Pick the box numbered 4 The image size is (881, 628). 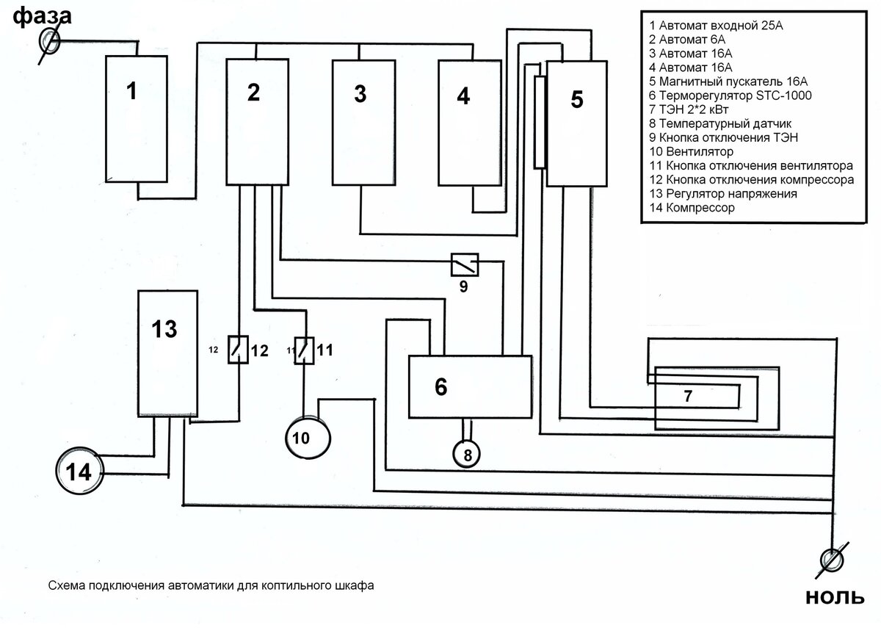465,121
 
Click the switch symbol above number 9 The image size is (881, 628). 464,262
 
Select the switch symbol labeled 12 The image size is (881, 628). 236,350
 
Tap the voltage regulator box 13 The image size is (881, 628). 167,353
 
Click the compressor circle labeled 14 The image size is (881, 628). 80,472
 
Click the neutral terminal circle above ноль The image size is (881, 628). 833,561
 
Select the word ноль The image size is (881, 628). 835,599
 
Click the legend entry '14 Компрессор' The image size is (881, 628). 692,208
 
